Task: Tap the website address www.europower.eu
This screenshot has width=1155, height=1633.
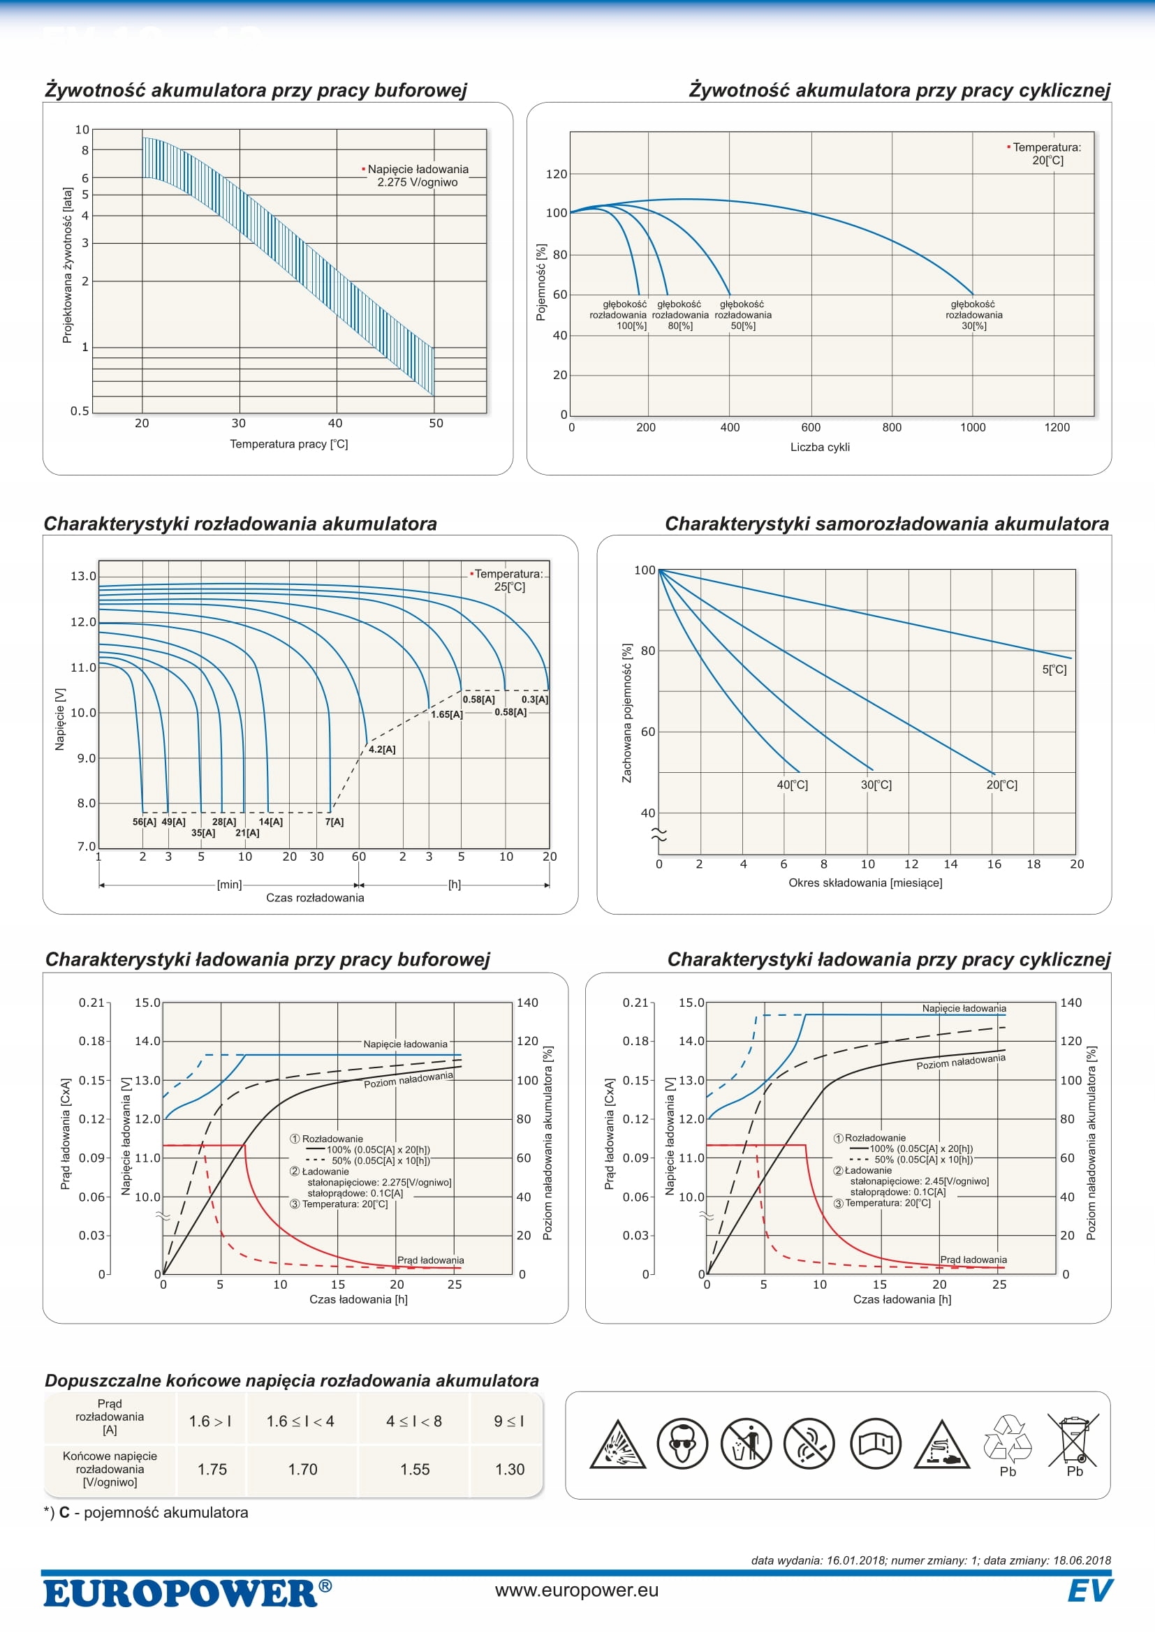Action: (x=577, y=1590)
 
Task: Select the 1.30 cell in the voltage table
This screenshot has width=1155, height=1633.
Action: (x=509, y=1470)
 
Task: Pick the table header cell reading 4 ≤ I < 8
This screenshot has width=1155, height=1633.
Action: (x=414, y=1421)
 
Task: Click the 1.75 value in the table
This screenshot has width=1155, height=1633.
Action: (x=212, y=1470)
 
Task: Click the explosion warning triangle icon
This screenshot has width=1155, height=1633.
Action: (x=617, y=1445)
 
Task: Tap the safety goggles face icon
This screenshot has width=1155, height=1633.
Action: (x=682, y=1444)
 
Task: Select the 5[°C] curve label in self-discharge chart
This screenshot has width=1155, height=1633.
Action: (x=1054, y=670)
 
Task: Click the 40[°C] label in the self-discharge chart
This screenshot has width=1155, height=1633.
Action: (x=793, y=785)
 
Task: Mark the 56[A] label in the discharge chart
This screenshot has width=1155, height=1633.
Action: (x=145, y=822)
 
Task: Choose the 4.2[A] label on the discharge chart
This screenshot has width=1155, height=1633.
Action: (x=382, y=750)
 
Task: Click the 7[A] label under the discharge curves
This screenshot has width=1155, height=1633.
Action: (x=334, y=822)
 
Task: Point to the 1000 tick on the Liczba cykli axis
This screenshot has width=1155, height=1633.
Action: (x=973, y=427)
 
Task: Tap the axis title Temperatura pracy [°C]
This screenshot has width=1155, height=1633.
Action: (x=289, y=444)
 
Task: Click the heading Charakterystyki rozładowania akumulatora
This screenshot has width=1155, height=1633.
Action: (x=240, y=524)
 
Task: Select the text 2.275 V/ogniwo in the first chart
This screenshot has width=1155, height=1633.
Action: (x=418, y=182)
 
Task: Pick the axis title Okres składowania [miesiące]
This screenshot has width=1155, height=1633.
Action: (x=865, y=882)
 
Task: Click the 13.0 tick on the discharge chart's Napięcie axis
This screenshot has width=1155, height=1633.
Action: (x=82, y=576)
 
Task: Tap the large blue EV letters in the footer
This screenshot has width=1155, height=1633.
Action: (x=1089, y=1591)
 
